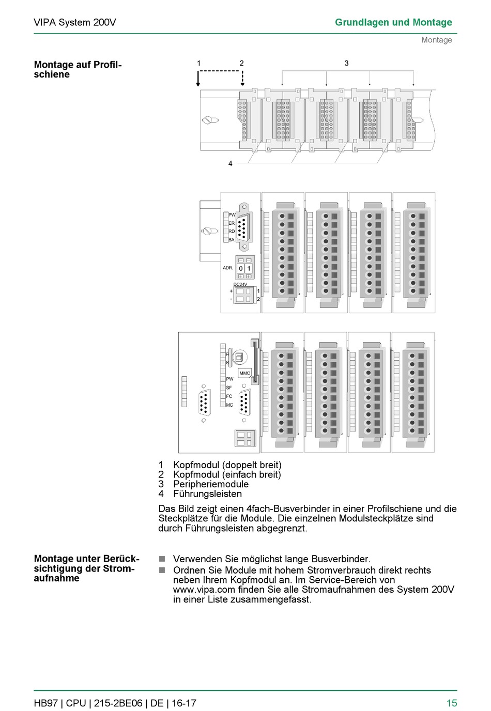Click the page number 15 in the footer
click(x=452, y=703)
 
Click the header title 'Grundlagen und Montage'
click(x=393, y=22)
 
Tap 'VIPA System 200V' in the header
click(x=75, y=22)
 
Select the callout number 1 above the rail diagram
click(x=198, y=63)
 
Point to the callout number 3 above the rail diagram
click(x=346, y=63)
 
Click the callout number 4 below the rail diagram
click(x=231, y=163)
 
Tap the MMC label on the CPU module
click(x=244, y=373)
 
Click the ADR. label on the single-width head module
click(x=228, y=268)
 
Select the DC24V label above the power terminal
click(x=240, y=284)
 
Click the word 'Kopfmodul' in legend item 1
click(x=196, y=465)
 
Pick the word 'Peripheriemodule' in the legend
click(x=211, y=484)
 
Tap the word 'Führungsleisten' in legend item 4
click(x=207, y=494)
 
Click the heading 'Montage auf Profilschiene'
click(x=78, y=69)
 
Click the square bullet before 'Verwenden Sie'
click(x=162, y=559)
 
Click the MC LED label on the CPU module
click(x=229, y=405)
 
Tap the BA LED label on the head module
click(x=232, y=240)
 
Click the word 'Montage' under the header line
click(x=437, y=40)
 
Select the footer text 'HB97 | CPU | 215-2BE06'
click(x=88, y=703)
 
